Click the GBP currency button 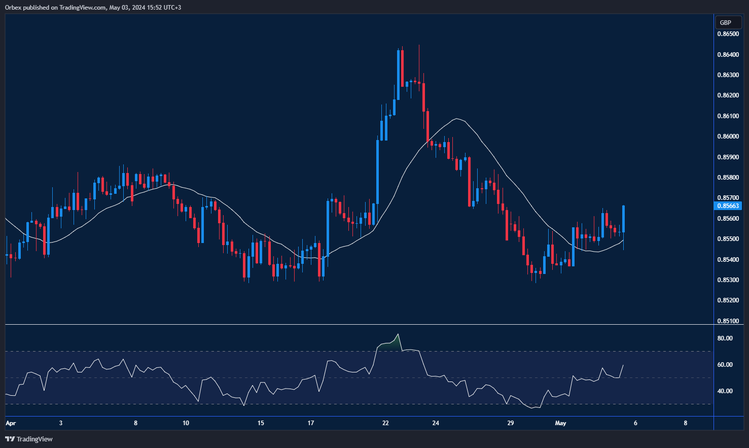(726, 22)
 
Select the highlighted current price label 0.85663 (728, 205)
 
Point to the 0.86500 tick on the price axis (728, 34)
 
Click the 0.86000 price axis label (728, 136)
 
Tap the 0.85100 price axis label (728, 321)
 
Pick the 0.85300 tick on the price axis (728, 280)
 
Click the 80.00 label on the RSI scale (725, 338)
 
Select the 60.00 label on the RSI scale (725, 365)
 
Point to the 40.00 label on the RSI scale (725, 391)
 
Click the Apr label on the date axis (11, 423)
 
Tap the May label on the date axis (560, 423)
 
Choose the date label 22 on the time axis (385, 423)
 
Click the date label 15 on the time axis (261, 423)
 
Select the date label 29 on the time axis (511, 423)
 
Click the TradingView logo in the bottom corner (29, 439)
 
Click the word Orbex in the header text (13, 8)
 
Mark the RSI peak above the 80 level (398, 334)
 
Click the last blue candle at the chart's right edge (623, 219)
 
